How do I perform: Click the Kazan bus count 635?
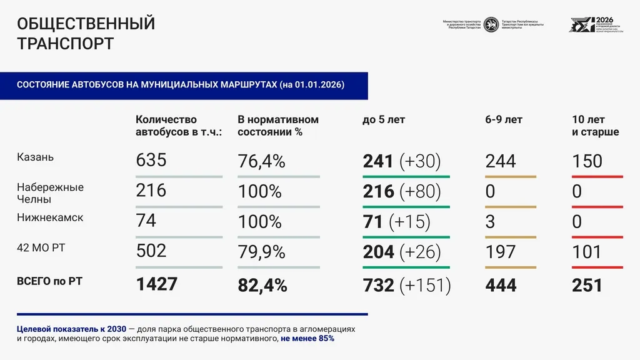[x=151, y=161]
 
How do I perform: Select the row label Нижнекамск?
[x=50, y=218]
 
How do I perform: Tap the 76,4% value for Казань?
[x=261, y=161]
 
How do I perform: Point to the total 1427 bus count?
[x=157, y=284]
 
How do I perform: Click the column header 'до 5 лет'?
[x=384, y=119]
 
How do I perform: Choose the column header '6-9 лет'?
[x=504, y=119]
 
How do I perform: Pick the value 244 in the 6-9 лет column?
[x=501, y=161]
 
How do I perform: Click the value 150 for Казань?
[x=587, y=161]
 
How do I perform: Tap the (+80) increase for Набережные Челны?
[x=420, y=191]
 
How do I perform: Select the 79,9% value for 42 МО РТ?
[x=261, y=252]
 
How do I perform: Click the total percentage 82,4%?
[x=262, y=286]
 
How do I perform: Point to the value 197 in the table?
[x=501, y=252]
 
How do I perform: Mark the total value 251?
[x=587, y=286]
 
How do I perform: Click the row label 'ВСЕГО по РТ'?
[x=49, y=281]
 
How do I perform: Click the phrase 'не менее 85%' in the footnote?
[x=307, y=338]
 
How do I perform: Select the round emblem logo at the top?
[x=491, y=24]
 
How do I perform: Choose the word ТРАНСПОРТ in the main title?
[x=65, y=44]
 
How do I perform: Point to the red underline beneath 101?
[x=597, y=267]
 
